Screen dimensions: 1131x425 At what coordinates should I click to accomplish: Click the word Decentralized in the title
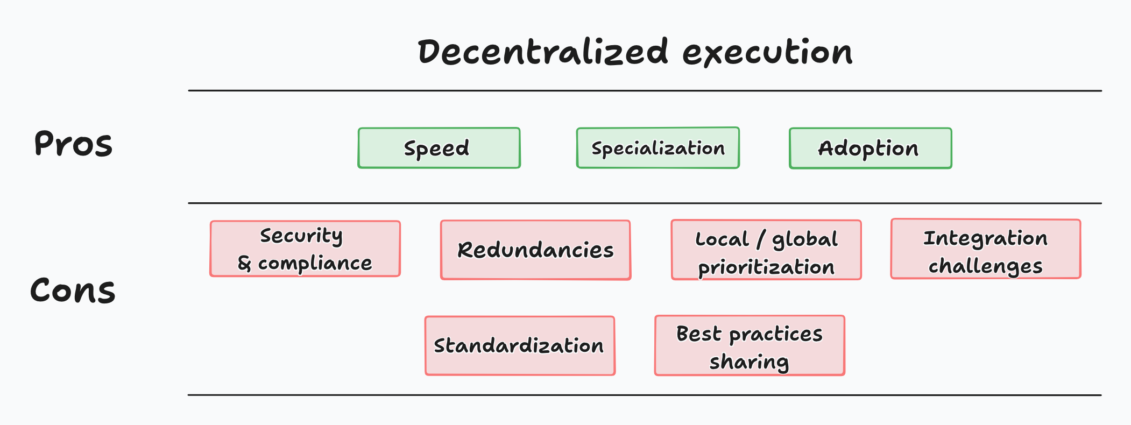point(543,53)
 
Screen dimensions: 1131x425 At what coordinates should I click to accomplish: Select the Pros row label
point(73,144)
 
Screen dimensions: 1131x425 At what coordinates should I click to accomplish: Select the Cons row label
point(73,291)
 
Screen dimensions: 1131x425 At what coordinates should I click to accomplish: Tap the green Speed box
point(439,148)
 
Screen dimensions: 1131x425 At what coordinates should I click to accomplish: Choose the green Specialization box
point(658,148)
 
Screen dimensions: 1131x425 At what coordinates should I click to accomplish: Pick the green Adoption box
point(870,148)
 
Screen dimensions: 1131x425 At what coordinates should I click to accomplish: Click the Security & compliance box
point(305,249)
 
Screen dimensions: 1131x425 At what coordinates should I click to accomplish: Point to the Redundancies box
point(535,250)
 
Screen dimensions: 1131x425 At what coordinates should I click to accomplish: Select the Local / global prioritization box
point(766,250)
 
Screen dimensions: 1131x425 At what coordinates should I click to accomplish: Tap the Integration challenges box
point(986,249)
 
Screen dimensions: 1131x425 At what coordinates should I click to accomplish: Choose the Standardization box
point(519,345)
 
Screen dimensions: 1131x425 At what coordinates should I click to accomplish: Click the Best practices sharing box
point(750,345)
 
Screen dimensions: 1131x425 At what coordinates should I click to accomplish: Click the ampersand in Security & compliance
point(244,264)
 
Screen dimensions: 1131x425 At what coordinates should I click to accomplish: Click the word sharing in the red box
point(749,362)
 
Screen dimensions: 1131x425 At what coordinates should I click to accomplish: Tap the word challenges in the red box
point(986,266)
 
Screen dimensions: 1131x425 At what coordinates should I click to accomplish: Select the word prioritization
point(766,267)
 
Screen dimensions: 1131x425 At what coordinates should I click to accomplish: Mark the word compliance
point(315,264)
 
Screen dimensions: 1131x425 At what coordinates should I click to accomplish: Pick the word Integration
point(986,238)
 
